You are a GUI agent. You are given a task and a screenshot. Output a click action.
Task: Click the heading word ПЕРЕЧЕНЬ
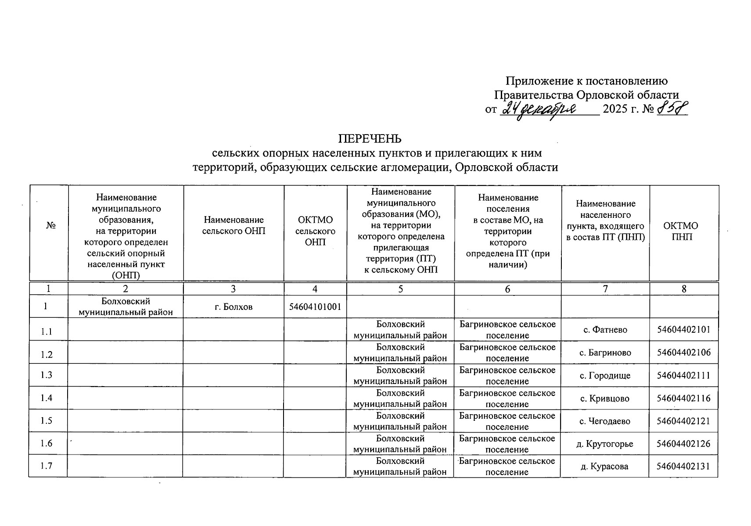[x=370, y=139]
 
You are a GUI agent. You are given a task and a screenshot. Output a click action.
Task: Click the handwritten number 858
[x=672, y=108]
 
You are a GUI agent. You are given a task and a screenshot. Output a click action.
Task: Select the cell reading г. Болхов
[x=234, y=307]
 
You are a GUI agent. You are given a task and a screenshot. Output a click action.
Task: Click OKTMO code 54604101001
[x=315, y=307]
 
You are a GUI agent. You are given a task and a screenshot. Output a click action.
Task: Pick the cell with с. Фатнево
[x=605, y=330]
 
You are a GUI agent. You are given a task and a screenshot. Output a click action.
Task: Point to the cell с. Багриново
[x=605, y=352]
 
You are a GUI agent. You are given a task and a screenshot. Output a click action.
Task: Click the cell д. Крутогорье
[x=605, y=444]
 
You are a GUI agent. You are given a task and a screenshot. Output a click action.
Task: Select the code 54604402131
[x=683, y=466]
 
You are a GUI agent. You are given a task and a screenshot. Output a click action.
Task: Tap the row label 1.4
[x=47, y=398]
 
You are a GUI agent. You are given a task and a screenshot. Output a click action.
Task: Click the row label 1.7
[x=47, y=466]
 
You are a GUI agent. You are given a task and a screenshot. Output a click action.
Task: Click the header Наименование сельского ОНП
[x=234, y=225]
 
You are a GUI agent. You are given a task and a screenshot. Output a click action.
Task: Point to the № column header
[x=51, y=225]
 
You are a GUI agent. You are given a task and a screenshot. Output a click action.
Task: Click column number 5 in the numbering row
[x=400, y=289]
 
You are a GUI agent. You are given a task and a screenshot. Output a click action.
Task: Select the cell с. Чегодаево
[x=605, y=421]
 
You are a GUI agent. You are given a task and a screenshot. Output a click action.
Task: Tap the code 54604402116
[x=683, y=398]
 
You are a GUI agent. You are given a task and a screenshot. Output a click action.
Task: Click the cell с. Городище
[x=605, y=376]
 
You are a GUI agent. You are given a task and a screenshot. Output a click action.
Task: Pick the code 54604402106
[x=683, y=353]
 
